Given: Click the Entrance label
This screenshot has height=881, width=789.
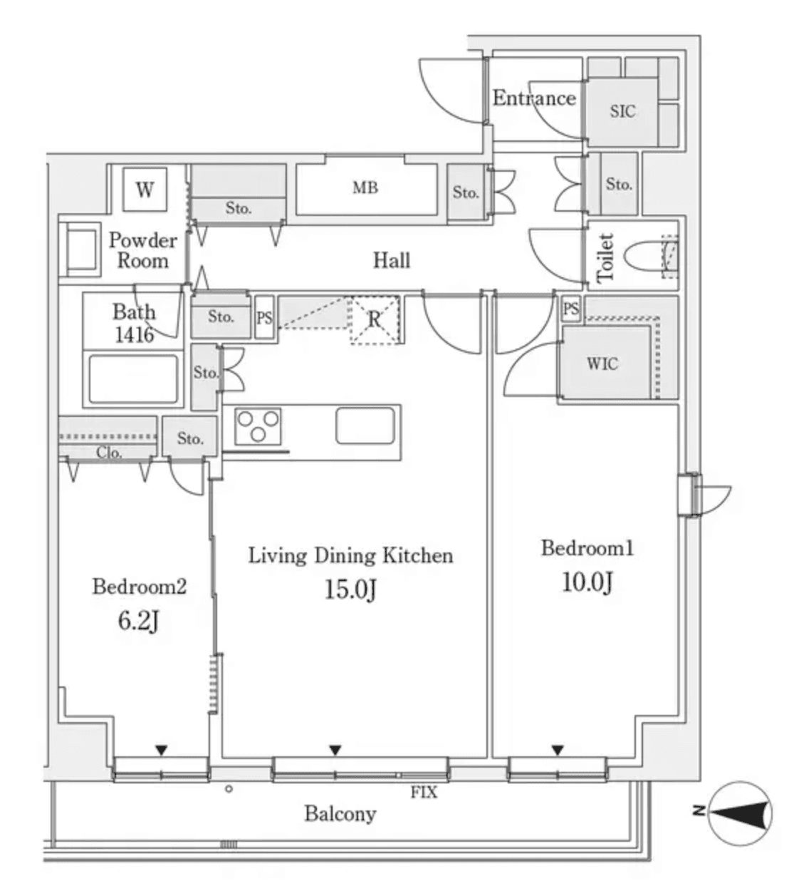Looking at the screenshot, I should pyautogui.click(x=534, y=98).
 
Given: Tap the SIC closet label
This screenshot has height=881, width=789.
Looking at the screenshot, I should pyautogui.click(x=622, y=111).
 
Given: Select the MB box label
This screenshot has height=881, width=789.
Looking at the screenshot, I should pyautogui.click(x=365, y=188).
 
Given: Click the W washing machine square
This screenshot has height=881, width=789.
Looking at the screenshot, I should pyautogui.click(x=145, y=190).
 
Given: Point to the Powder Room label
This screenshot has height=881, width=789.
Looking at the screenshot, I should pyautogui.click(x=142, y=250).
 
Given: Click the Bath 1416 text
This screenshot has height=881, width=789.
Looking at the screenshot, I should pyautogui.click(x=134, y=323).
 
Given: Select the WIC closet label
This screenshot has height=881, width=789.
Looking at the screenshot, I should pyautogui.click(x=602, y=364).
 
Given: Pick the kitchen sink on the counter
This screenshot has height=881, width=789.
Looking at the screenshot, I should pyautogui.click(x=365, y=426).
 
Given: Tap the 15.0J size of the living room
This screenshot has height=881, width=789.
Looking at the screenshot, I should pyautogui.click(x=350, y=589).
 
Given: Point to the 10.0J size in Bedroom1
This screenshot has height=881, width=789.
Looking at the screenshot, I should pyautogui.click(x=587, y=582).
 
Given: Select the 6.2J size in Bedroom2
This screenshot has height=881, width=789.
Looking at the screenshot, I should pyautogui.click(x=139, y=621).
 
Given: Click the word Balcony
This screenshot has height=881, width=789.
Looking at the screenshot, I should pyautogui.click(x=340, y=813).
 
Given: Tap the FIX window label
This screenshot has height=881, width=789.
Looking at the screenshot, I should pyautogui.click(x=424, y=793).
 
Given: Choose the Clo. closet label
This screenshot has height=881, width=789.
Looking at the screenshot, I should pyautogui.click(x=109, y=453).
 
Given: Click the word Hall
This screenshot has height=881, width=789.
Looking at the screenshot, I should pyautogui.click(x=392, y=260).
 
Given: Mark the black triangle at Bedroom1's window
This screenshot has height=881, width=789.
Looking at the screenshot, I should pyautogui.click(x=558, y=750).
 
